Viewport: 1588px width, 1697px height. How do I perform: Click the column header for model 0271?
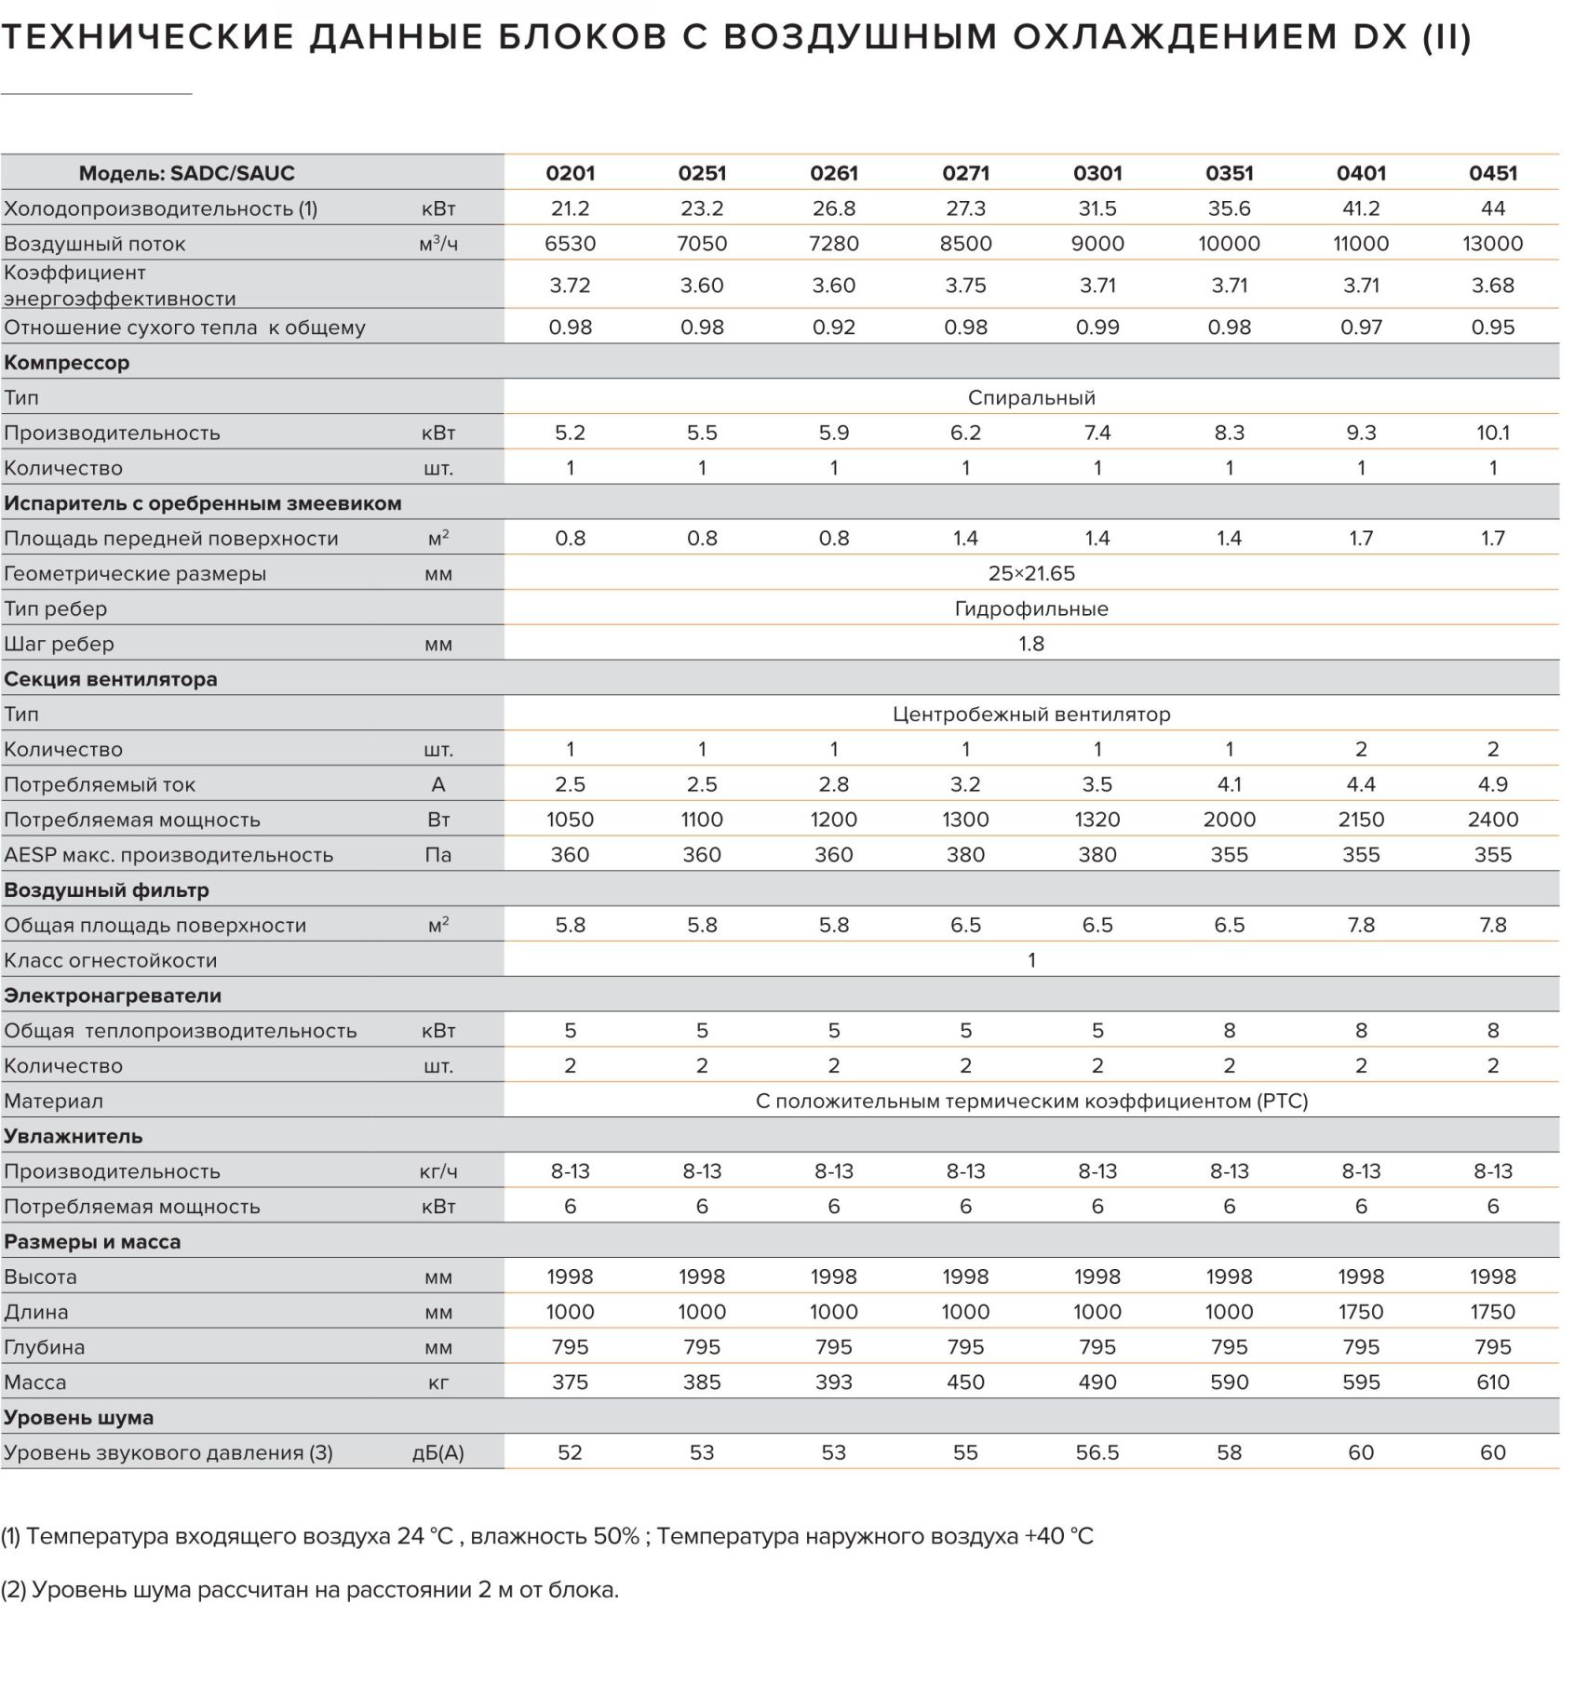(x=965, y=173)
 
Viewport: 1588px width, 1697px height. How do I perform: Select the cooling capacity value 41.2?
(x=1361, y=208)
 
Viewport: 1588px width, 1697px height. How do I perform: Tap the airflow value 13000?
(x=1492, y=244)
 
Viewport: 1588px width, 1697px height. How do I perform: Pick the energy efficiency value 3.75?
(x=965, y=286)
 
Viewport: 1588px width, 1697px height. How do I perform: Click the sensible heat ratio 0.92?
(x=833, y=327)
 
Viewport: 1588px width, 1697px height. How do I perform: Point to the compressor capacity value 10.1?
(x=1492, y=433)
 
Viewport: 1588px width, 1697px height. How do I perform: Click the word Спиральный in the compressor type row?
(x=1031, y=398)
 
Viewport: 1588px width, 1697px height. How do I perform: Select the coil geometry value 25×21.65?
(x=1031, y=573)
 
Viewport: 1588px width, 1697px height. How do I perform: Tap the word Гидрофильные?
(x=1031, y=609)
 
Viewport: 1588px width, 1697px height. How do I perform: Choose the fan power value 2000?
(x=1229, y=820)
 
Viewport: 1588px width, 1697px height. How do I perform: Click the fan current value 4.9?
(x=1492, y=784)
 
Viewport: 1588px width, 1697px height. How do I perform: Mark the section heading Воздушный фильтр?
(x=106, y=890)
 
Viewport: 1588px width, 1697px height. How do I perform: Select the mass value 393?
(x=833, y=1383)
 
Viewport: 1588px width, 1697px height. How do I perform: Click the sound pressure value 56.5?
(x=1097, y=1453)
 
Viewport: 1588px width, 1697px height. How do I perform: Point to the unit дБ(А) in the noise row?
(x=438, y=1453)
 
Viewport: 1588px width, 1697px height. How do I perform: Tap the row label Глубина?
(x=44, y=1348)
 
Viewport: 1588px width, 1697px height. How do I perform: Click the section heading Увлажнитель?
(x=73, y=1137)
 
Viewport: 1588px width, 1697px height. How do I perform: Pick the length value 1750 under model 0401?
(x=1361, y=1312)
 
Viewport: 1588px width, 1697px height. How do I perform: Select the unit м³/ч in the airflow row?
(x=438, y=244)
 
